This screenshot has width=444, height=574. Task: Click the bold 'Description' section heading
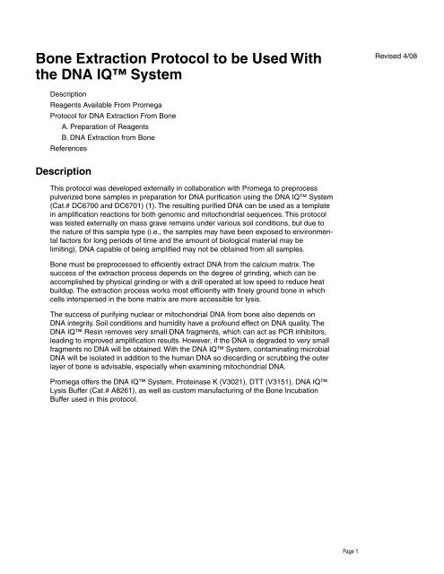pos(68,169)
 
